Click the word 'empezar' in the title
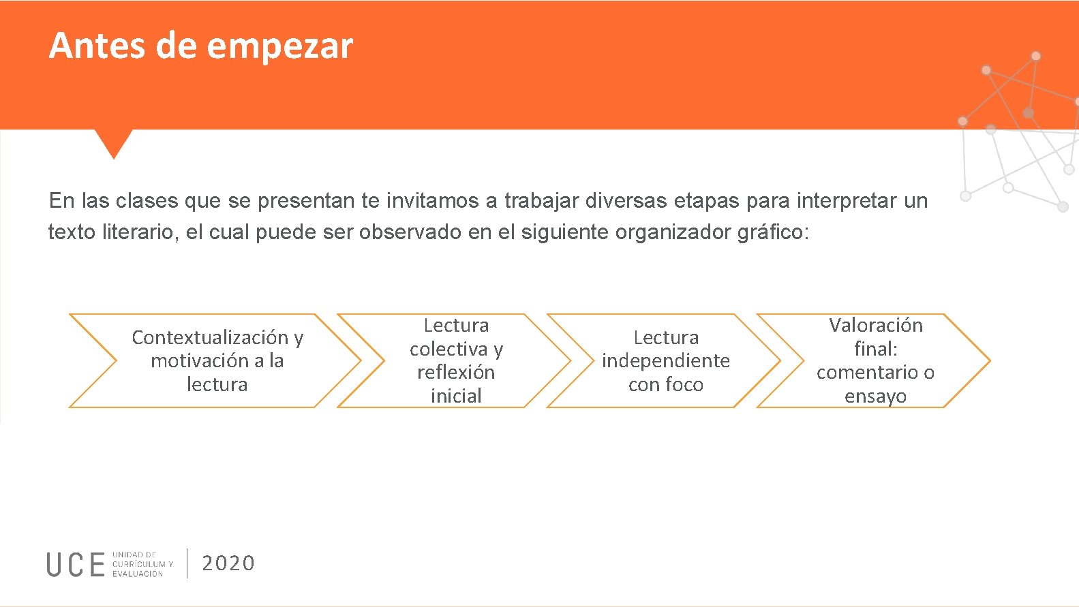[x=279, y=46]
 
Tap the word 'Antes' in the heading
[x=97, y=46]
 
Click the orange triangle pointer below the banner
[x=113, y=141]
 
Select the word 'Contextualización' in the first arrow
[x=210, y=337]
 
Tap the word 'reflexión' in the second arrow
[x=456, y=372]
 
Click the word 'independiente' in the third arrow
[x=665, y=360]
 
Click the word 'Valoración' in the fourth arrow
[x=875, y=325]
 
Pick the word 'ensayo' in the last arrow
[x=875, y=396]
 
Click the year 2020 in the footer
[x=228, y=563]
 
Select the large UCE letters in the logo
[x=76, y=565]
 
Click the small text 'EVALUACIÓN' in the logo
[x=138, y=574]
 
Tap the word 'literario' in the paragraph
[x=140, y=232]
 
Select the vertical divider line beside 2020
[x=187, y=563]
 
